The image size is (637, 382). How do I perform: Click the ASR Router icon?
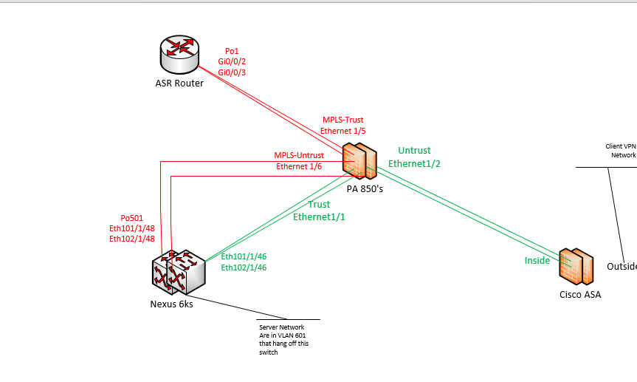point(179,51)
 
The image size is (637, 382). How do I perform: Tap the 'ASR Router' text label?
point(179,83)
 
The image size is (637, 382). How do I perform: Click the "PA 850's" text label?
point(365,188)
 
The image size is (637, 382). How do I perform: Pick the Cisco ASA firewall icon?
point(576,267)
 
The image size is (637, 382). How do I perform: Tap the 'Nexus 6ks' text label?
point(171,304)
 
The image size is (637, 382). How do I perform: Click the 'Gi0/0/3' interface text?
point(232,72)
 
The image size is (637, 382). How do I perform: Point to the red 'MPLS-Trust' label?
point(342,120)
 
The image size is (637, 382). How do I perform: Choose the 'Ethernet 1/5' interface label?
point(342,131)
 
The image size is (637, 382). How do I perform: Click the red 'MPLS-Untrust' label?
point(298,155)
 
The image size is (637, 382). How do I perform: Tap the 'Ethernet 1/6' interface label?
point(298,166)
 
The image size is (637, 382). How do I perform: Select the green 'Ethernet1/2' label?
point(414,163)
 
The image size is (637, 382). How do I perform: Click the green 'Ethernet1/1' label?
point(319,216)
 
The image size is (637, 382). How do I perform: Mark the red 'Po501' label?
point(131,218)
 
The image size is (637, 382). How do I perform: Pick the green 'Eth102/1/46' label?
point(244,267)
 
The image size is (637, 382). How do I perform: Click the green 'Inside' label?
point(537,260)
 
